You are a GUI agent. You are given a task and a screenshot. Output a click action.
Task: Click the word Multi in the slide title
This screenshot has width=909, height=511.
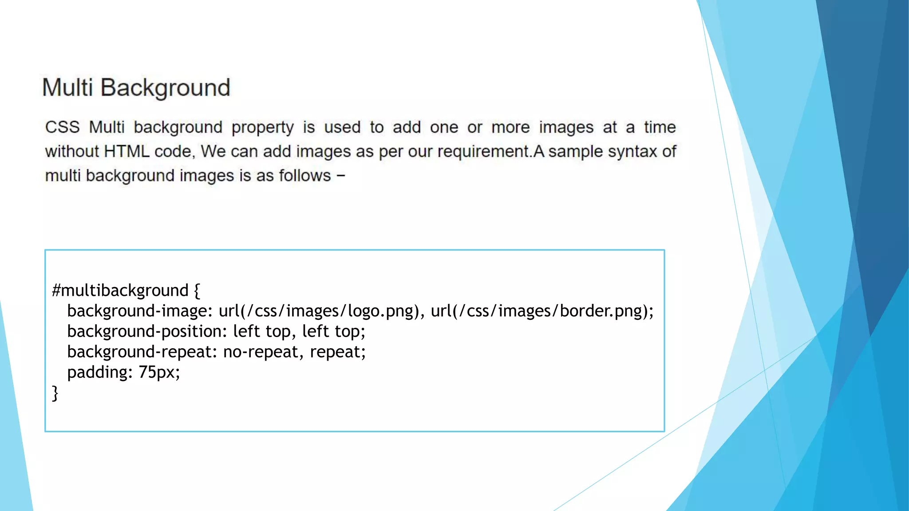[x=67, y=87]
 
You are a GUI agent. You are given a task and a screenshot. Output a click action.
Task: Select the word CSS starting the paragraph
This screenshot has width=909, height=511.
[x=63, y=127]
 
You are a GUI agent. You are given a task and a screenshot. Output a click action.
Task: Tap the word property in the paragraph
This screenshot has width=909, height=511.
[x=262, y=128]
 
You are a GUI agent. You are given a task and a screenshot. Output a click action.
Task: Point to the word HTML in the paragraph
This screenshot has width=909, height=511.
[x=126, y=152]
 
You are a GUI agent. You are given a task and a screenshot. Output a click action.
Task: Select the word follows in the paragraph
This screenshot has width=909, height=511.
[x=305, y=176]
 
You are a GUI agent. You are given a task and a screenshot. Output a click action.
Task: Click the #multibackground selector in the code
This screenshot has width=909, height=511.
[x=120, y=291]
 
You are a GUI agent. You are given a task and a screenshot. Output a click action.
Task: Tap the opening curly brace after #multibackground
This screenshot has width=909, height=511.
[x=197, y=291]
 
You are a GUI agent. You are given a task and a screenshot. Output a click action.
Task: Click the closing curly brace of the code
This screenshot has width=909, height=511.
[x=55, y=393]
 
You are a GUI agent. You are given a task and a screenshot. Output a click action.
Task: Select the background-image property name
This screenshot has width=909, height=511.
[x=137, y=311]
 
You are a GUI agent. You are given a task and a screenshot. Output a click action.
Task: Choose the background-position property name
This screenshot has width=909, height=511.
[x=144, y=331]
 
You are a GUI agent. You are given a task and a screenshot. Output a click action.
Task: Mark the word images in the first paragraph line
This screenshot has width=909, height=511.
[x=566, y=128]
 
